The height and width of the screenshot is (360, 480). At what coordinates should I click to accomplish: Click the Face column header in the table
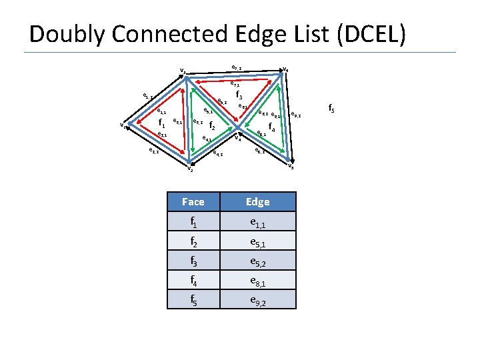(193, 201)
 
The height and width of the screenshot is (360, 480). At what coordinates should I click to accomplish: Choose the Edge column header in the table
(258, 201)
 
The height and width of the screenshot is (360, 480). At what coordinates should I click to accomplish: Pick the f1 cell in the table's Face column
(193, 221)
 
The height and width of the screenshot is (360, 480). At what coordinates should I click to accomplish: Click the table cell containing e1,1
(258, 221)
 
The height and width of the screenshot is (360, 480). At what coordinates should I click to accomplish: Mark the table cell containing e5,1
(258, 241)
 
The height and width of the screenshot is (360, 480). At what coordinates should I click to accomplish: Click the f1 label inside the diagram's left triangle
(161, 123)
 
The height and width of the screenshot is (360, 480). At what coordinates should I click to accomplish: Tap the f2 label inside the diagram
(212, 125)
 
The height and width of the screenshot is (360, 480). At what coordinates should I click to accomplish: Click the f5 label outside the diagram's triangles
(331, 107)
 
